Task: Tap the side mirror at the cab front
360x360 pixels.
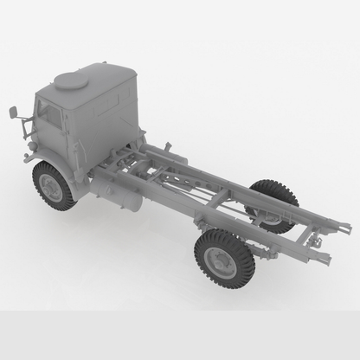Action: point(15,112)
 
